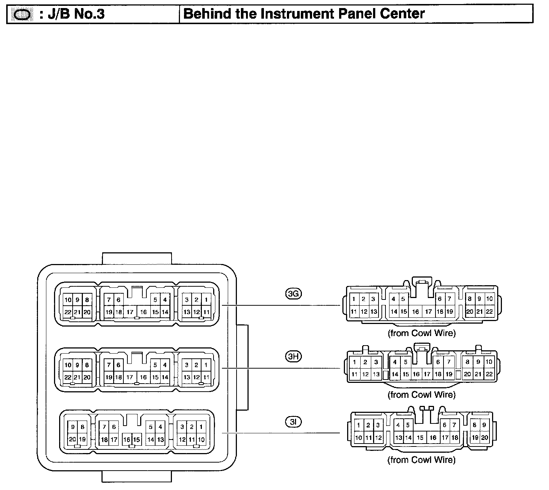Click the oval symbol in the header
[22, 15]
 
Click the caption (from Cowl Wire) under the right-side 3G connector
[422, 333]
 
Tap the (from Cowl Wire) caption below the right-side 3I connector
[422, 460]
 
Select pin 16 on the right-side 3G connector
[415, 312]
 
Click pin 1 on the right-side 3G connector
[354, 299]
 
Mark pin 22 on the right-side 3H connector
[489, 374]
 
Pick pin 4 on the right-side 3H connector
[395, 362]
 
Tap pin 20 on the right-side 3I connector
[484, 437]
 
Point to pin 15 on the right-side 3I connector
[420, 437]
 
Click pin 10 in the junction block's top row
[68, 300]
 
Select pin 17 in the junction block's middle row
[130, 377]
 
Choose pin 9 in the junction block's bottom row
[73, 427]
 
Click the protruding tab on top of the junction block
[137, 258]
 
